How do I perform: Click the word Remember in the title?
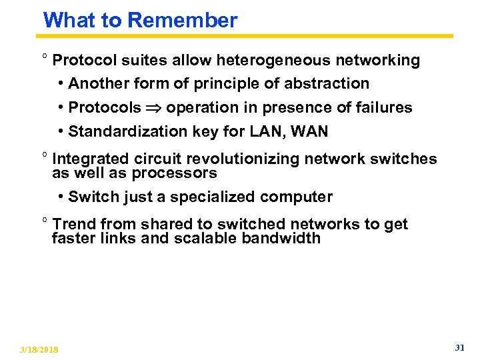(182, 20)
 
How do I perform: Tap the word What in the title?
(68, 20)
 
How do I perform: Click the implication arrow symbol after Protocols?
(153, 108)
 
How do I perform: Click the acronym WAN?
(309, 132)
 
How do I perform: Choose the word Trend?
(73, 224)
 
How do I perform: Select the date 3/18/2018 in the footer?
(39, 349)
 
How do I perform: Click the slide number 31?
(459, 348)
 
